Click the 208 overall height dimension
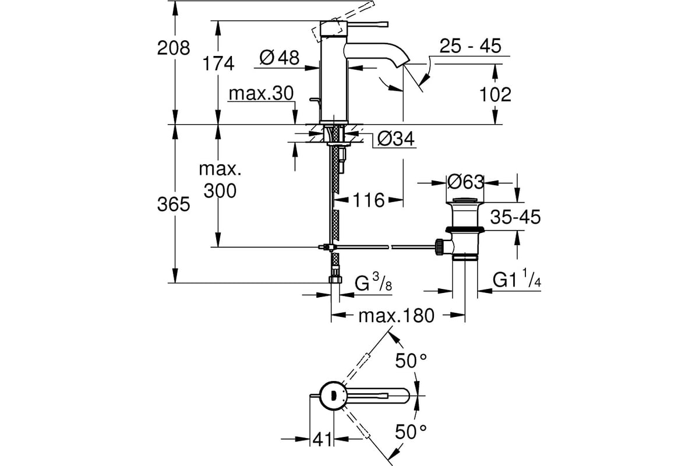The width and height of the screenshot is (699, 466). (174, 48)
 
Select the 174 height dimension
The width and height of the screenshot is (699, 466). (218, 63)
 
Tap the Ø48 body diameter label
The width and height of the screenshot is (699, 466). (279, 58)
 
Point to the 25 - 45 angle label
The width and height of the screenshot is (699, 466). (470, 45)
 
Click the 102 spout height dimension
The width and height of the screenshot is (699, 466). (495, 94)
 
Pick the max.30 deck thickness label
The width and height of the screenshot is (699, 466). (261, 93)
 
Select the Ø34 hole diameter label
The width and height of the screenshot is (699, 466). (396, 139)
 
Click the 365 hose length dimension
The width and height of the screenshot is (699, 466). (174, 204)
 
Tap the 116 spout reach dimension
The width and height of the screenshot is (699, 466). (369, 200)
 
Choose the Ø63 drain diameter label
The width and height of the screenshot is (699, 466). (465, 182)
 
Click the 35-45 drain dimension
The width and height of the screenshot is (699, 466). (515, 217)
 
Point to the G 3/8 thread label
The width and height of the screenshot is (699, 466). (373, 282)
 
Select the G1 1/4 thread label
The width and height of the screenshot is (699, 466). (517, 277)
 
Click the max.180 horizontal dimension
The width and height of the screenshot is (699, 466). (396, 316)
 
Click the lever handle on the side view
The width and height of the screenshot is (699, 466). (367, 24)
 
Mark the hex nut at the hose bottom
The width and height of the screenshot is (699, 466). (335, 279)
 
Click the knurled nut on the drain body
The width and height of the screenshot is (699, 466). (439, 247)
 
